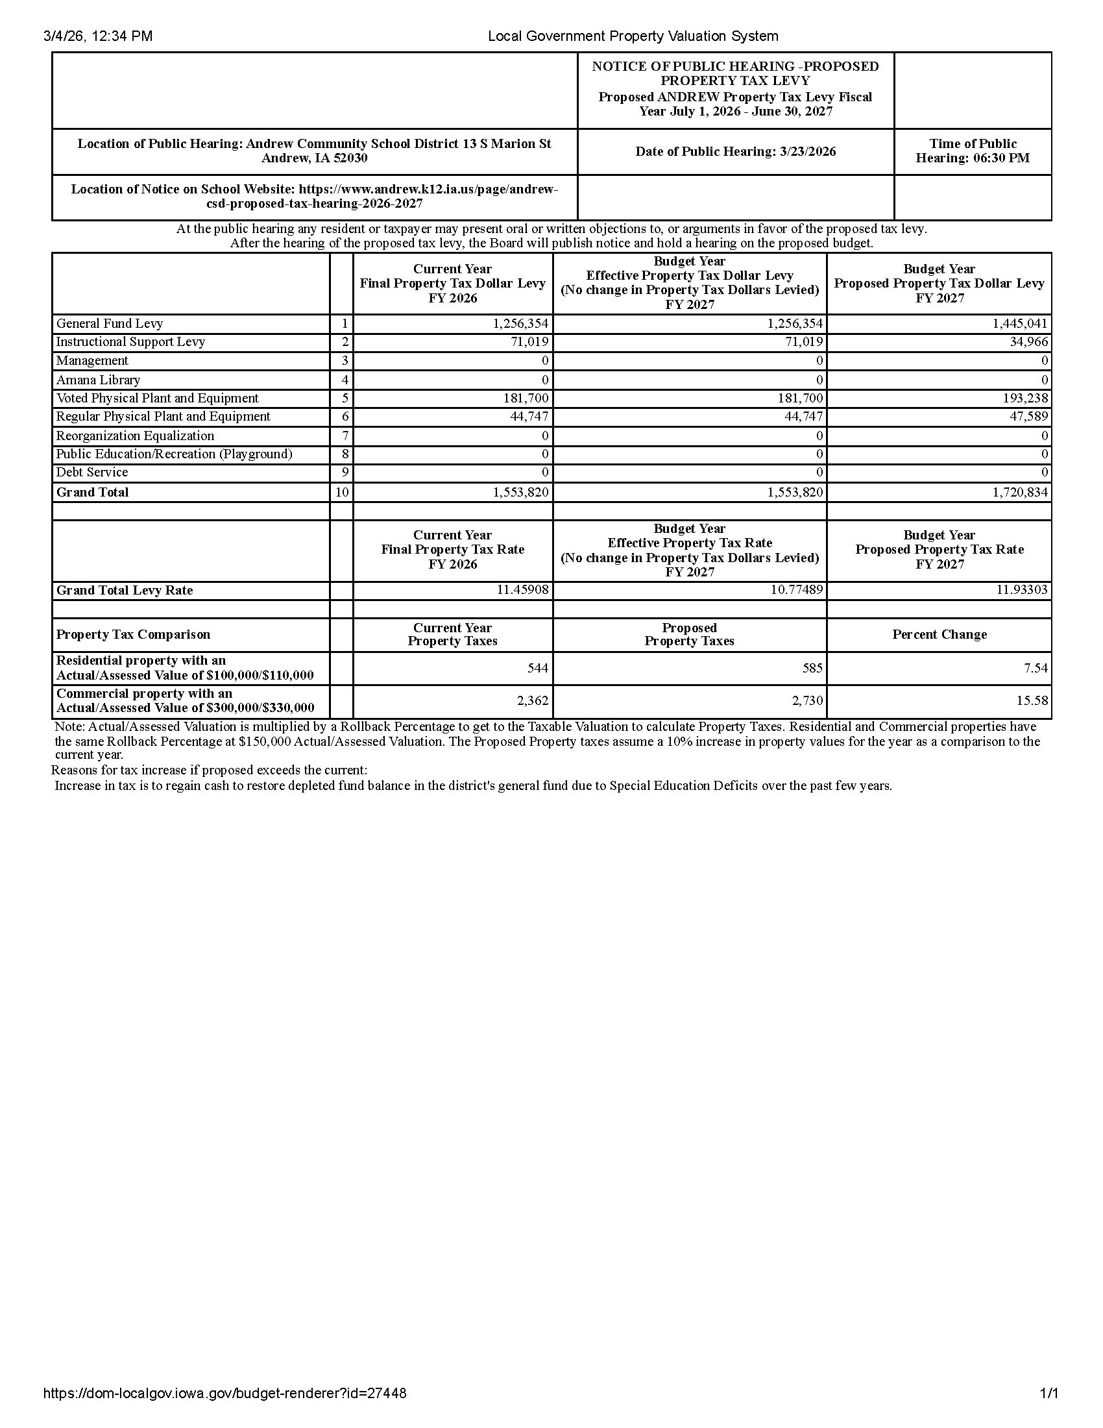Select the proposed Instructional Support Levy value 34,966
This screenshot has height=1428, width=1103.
[1028, 342]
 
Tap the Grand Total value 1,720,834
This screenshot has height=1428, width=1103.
[1019, 493]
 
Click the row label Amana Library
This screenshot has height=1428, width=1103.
[98, 380]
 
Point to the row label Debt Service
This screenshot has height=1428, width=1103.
[92, 472]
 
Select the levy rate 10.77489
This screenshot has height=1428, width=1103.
[797, 591]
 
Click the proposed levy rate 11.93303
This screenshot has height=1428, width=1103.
[1021, 591]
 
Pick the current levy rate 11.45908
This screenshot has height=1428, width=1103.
[522, 591]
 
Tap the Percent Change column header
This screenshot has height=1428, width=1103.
[939, 635]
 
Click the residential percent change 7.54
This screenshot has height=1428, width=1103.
[1036, 668]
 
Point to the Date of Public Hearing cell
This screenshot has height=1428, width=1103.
[735, 152]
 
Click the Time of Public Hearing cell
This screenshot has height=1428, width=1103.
[973, 151]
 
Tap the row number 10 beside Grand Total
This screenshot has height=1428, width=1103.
[342, 493]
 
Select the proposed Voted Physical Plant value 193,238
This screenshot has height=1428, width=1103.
[1024, 398]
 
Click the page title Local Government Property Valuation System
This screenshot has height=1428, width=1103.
[633, 36]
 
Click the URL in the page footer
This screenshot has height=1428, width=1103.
[224, 1394]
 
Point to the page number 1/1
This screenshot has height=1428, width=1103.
[1048, 1394]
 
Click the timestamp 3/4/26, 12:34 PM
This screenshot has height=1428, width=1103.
[98, 36]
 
